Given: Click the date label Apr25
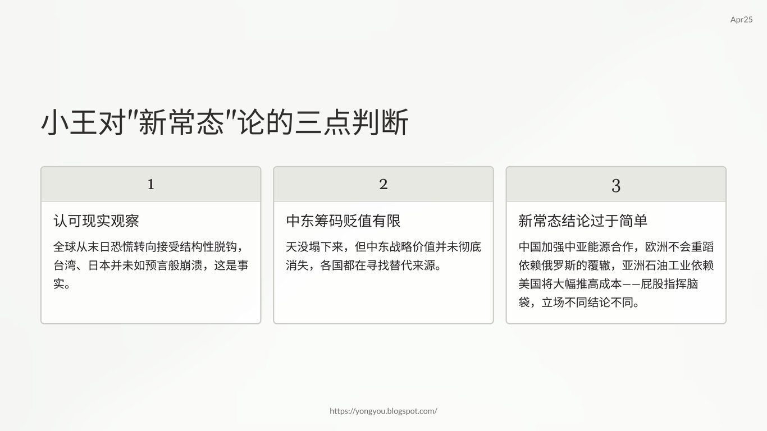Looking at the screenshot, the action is point(741,20).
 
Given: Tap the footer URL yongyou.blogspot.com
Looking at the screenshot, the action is point(383,411).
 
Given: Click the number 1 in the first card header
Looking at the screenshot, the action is point(150,185).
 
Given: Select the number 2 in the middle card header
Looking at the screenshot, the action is point(383,185).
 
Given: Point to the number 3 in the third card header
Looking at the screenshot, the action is point(616,186).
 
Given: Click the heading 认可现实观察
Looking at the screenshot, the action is point(96,221).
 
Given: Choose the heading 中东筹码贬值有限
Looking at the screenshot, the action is point(343,221).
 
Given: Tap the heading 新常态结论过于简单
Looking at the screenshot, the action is point(583,221).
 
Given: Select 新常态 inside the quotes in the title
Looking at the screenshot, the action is point(181,122).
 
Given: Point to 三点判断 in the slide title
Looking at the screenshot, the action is point(351,122).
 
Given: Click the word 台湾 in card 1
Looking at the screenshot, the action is point(65,265).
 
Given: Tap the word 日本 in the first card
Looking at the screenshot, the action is point(99,265).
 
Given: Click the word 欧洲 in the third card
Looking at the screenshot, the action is point(656,247).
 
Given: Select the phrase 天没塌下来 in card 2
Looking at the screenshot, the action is point(314,247).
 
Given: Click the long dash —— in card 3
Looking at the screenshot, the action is point(631,284).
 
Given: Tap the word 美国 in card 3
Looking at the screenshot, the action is point(529,284).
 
